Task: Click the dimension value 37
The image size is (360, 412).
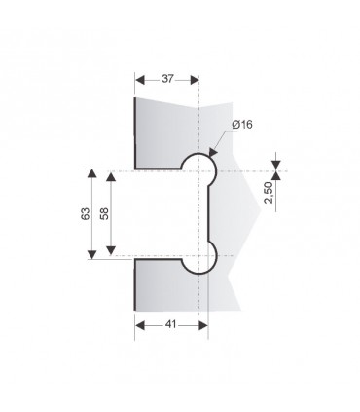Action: (x=167, y=79)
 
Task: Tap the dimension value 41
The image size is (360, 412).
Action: (x=170, y=324)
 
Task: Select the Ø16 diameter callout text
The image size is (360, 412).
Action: (x=242, y=125)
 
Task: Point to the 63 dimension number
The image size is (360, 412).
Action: (x=86, y=213)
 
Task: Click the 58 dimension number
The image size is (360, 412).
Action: (x=104, y=213)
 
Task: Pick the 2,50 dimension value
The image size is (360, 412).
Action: (x=269, y=193)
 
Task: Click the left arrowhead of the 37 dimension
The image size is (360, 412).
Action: (x=139, y=80)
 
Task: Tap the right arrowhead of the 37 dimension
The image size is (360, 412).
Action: (x=194, y=80)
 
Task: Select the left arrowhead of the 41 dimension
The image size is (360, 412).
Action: (x=140, y=325)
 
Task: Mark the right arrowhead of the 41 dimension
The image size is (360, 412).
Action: (x=203, y=325)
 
